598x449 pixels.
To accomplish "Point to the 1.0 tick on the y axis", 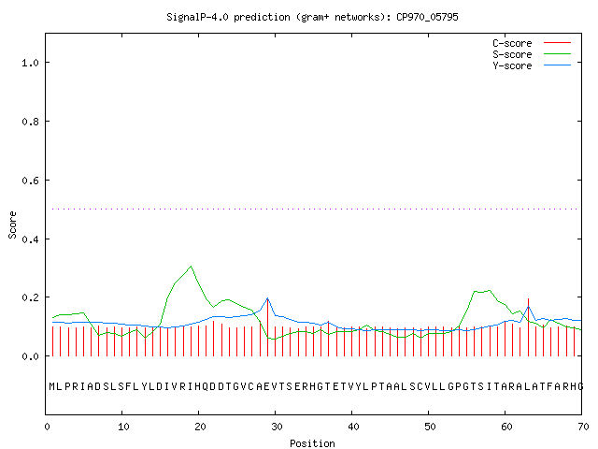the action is coord(30,63).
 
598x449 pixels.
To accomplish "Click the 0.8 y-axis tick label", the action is coord(30,122).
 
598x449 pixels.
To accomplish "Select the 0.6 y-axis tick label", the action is coord(30,181).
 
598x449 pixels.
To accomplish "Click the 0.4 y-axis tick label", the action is coord(30,239).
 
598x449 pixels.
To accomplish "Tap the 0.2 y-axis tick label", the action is coord(30,297).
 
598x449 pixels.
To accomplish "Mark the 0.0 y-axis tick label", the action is coord(30,356).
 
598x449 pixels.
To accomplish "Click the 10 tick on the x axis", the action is coord(122,427).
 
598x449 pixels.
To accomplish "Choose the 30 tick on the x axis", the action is coord(277,427).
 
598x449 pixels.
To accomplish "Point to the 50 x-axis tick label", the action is coord(430,427).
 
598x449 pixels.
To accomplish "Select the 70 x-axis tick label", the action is coord(583,427).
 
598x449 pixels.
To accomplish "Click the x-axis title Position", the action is coord(312,443).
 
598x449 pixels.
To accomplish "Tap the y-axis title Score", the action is coord(12,224).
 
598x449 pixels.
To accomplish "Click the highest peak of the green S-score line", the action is coord(191,266).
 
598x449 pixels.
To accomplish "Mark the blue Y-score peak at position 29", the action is coord(268,298).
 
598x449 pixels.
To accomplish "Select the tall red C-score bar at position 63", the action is coord(528,327).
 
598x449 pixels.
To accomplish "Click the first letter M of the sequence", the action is coord(52,386).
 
